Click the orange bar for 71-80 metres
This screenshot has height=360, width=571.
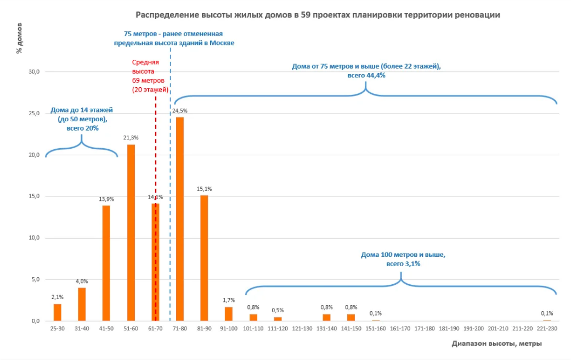click(x=180, y=220)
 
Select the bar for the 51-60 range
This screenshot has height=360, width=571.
click(x=131, y=233)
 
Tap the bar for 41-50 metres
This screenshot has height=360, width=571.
click(x=106, y=263)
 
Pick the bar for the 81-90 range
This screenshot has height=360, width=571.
click(x=204, y=258)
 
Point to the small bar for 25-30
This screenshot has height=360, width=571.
click(x=58, y=312)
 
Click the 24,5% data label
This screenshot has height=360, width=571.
click(x=180, y=111)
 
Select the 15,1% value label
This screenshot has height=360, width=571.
click(x=204, y=189)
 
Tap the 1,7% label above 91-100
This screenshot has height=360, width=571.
click(x=229, y=300)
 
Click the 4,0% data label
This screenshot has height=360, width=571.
click(x=82, y=282)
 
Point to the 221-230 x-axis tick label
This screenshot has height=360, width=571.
click(x=547, y=328)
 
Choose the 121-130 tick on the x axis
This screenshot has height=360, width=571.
click(x=302, y=328)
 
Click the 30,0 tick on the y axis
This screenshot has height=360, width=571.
click(x=35, y=72)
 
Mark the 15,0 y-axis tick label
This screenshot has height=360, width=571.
click(x=35, y=196)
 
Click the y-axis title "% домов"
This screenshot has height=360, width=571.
click(x=19, y=38)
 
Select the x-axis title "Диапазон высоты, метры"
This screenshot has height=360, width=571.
click(x=497, y=344)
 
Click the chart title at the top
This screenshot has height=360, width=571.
click(x=318, y=15)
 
